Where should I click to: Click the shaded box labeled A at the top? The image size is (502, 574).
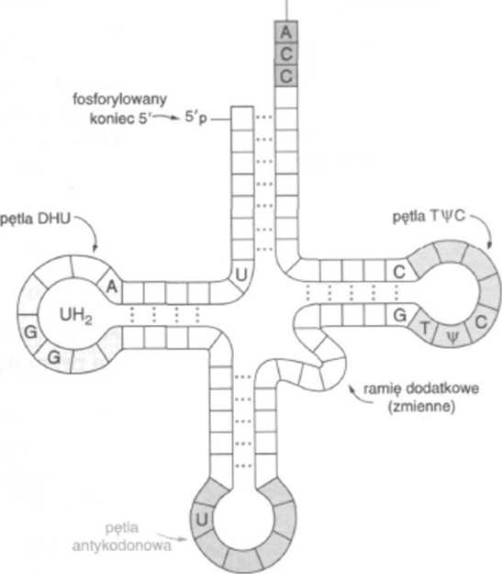click(x=286, y=32)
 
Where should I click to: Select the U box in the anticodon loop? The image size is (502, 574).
click(x=202, y=519)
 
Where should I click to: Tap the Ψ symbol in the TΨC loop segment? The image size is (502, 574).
click(x=452, y=337)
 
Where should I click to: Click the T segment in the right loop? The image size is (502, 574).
click(x=424, y=328)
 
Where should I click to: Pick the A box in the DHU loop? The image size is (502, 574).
click(x=112, y=287)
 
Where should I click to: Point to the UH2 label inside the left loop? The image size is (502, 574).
click(x=76, y=315)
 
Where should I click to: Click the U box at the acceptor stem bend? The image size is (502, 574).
click(x=241, y=276)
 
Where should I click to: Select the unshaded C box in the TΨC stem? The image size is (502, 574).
click(x=399, y=272)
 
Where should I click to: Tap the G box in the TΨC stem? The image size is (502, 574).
click(x=399, y=314)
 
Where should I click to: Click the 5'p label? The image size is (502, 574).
click(x=195, y=118)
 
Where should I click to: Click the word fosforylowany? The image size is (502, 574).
click(x=119, y=99)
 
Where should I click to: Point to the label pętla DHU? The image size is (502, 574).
click(x=36, y=219)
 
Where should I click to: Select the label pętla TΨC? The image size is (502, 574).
click(x=429, y=217)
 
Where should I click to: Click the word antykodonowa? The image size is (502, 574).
click(x=122, y=546)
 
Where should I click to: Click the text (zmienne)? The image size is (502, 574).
click(x=421, y=407)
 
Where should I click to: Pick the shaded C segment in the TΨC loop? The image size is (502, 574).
click(x=480, y=323)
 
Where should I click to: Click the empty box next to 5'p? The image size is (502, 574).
click(x=242, y=118)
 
